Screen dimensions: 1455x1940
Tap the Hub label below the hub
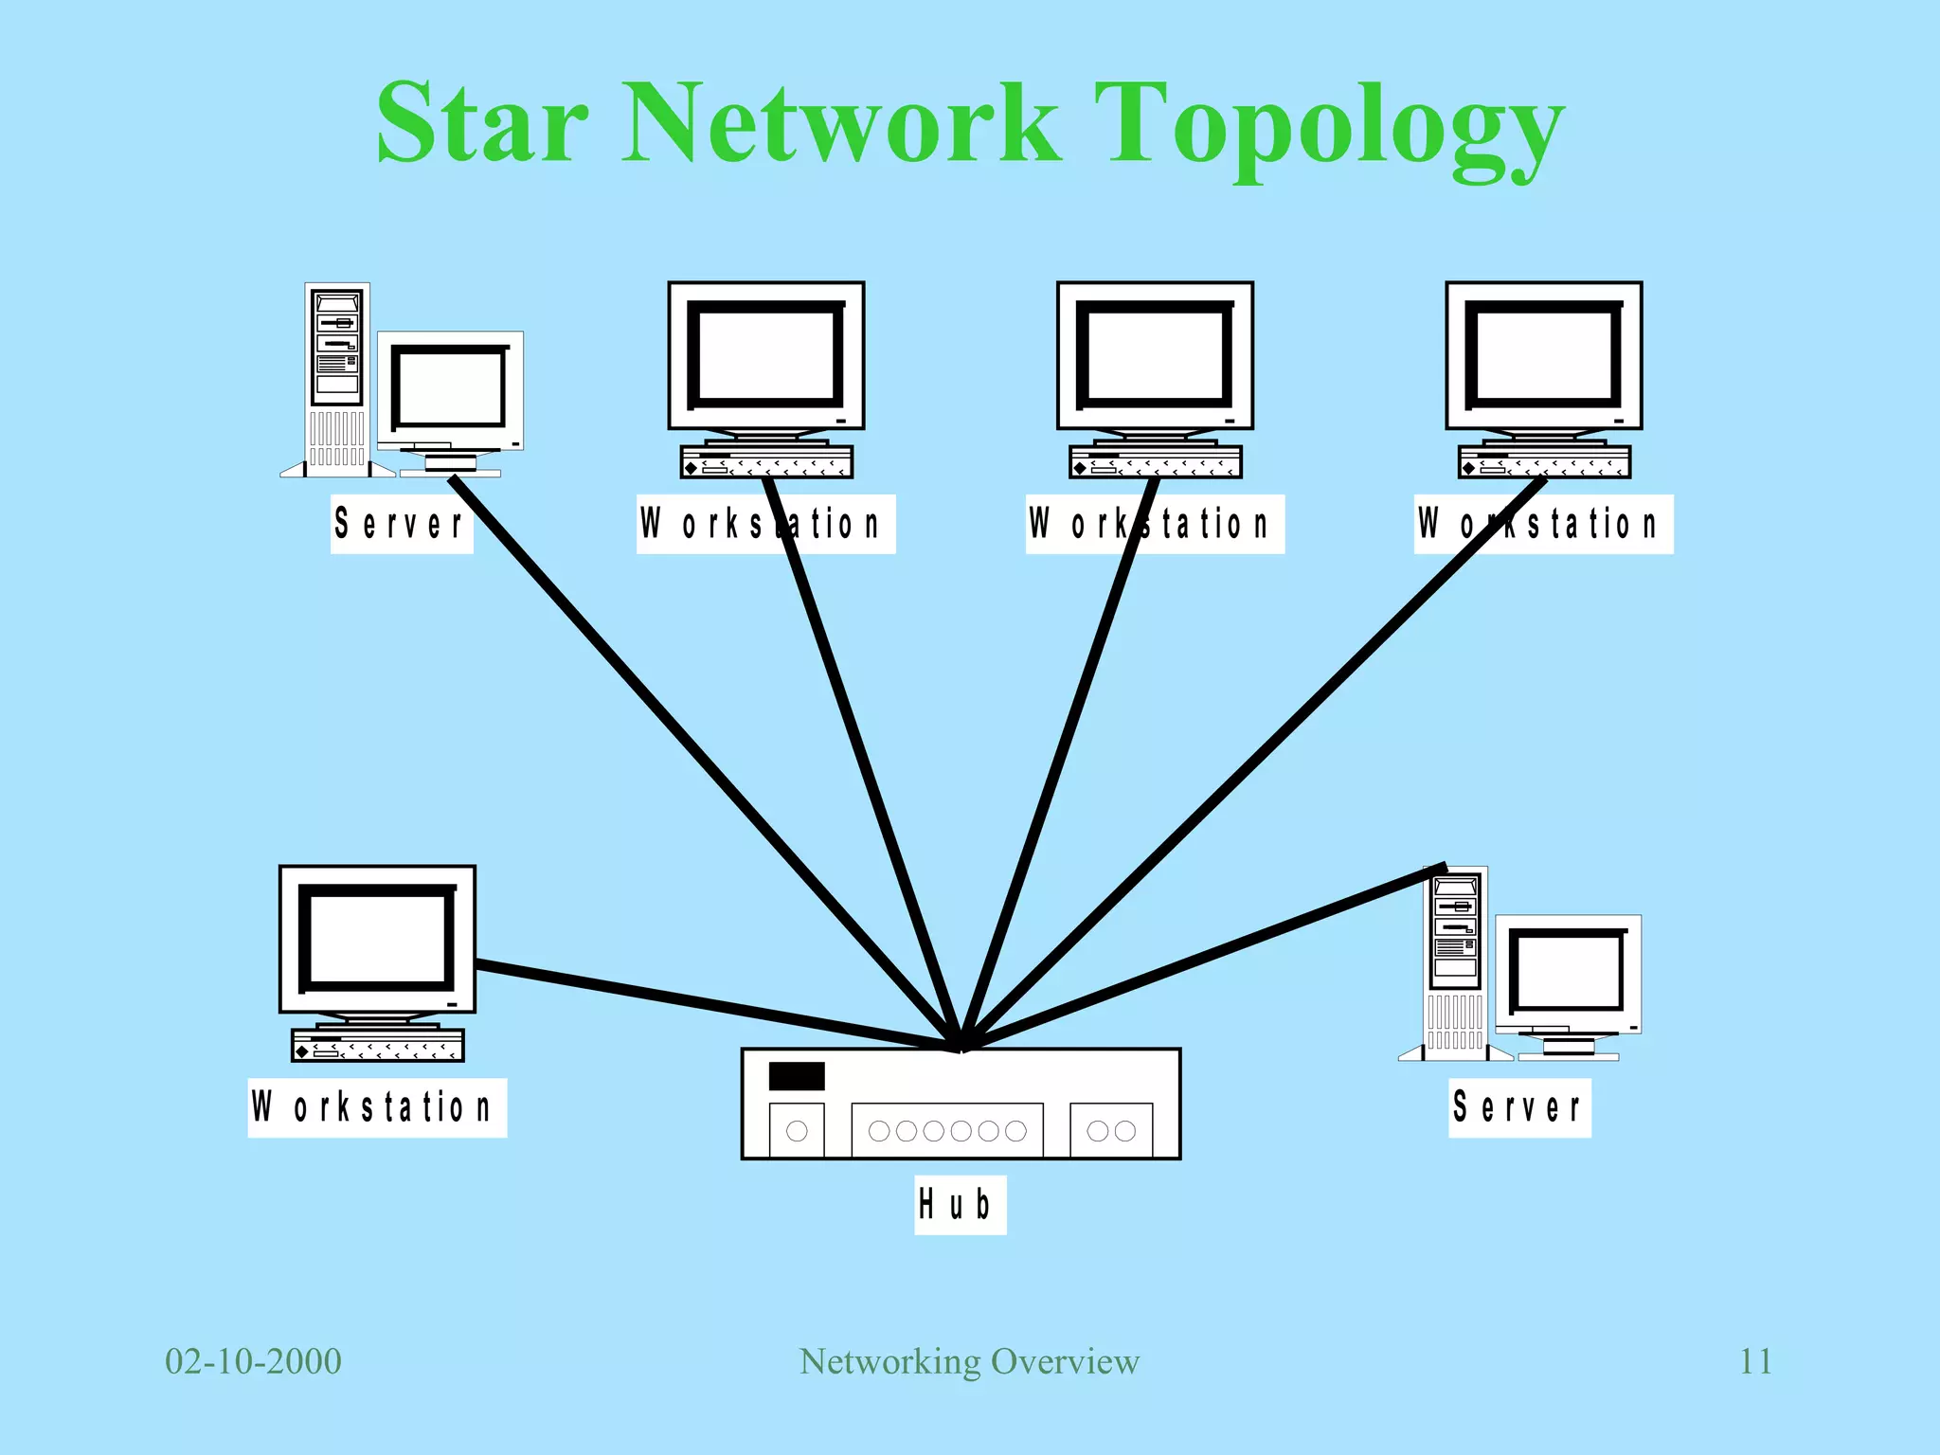959,1205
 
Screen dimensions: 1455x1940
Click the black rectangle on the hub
797,1076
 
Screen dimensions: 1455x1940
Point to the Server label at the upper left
402,524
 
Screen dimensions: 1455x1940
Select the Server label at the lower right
1519,1107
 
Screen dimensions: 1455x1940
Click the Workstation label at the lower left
377,1107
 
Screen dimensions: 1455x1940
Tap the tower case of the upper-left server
337,379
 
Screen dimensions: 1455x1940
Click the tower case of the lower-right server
1455,962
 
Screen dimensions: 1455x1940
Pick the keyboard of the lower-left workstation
377,1046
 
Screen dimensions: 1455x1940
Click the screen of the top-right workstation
1543,354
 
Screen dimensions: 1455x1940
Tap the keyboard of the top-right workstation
1544,463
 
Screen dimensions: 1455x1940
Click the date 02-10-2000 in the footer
253,1361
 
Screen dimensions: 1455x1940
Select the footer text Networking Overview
969,1361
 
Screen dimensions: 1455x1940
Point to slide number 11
1755,1361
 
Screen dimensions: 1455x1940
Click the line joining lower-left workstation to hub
710,1005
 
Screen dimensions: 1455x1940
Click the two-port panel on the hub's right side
1111,1130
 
